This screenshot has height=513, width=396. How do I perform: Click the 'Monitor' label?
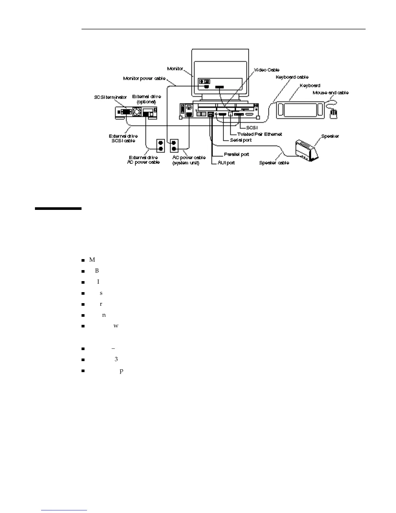(x=175, y=69)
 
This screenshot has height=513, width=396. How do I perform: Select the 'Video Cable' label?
(x=267, y=70)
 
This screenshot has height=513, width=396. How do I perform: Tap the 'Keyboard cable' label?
(x=292, y=77)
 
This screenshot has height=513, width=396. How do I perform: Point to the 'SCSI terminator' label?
(x=110, y=97)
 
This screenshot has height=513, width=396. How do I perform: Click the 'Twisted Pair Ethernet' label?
(x=259, y=134)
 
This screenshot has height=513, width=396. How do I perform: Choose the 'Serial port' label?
(x=241, y=140)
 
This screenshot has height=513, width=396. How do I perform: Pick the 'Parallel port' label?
(x=236, y=154)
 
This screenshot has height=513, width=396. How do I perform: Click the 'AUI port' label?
(x=226, y=163)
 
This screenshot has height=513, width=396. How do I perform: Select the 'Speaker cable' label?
(x=274, y=163)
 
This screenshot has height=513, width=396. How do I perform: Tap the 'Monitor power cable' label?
(x=144, y=78)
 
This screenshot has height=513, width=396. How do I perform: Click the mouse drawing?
(x=333, y=114)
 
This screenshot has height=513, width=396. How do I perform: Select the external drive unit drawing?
(x=136, y=113)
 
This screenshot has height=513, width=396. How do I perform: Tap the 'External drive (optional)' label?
(x=147, y=99)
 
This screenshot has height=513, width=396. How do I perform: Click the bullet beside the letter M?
(x=83, y=260)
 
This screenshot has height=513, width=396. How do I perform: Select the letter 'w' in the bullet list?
(x=116, y=326)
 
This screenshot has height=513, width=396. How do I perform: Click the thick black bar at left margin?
(x=58, y=209)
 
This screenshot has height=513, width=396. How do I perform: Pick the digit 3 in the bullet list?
(x=116, y=359)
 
